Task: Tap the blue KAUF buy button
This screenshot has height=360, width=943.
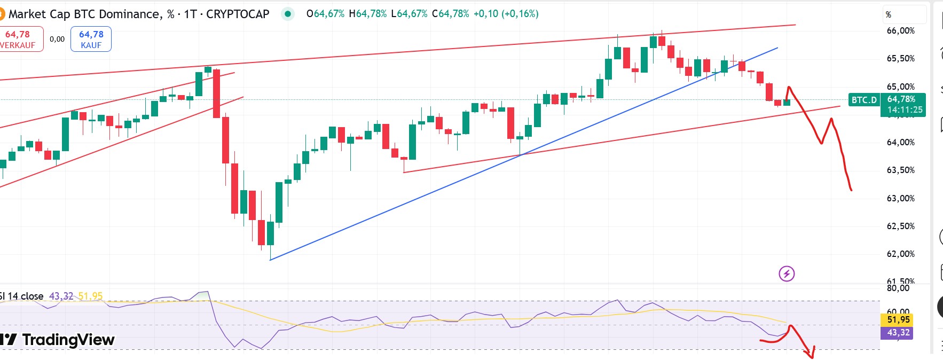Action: [x=91, y=39]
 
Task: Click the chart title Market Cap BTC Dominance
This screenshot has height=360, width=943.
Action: [x=85, y=14]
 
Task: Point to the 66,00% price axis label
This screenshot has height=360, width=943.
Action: [x=900, y=30]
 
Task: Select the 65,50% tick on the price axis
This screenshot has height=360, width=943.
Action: [x=900, y=58]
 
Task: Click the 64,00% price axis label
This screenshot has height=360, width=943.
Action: [x=900, y=142]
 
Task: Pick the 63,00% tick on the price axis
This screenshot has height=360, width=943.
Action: [x=900, y=198]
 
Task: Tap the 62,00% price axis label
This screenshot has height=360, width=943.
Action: [x=900, y=254]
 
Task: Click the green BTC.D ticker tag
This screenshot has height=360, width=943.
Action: [x=863, y=100]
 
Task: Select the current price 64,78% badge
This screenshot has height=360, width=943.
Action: [x=901, y=99]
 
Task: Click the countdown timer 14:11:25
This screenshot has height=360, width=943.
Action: [x=905, y=110]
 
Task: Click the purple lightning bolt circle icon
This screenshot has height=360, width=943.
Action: [x=787, y=274]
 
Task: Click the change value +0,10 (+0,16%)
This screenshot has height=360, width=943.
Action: [x=506, y=14]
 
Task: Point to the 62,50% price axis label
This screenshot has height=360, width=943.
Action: [x=900, y=226]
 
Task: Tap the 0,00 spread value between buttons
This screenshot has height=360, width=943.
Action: [x=57, y=39]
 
